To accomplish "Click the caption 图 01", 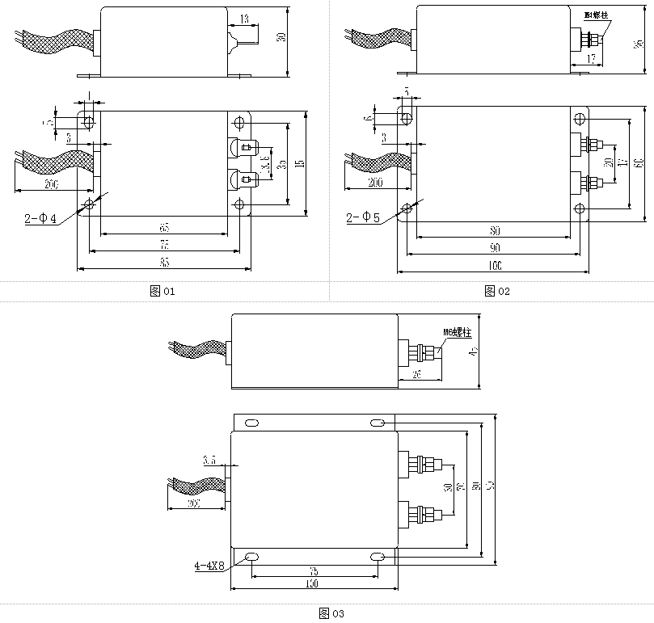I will tap(162, 291).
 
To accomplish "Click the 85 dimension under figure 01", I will tap(164, 263).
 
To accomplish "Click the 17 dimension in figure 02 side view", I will tap(590, 58).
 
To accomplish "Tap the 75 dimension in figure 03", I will tap(313, 570).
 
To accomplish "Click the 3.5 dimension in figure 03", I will tap(209, 460).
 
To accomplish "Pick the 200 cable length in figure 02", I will tap(374, 183).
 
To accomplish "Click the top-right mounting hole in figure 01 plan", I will tap(239, 123).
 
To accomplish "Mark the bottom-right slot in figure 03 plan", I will tap(377, 557).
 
